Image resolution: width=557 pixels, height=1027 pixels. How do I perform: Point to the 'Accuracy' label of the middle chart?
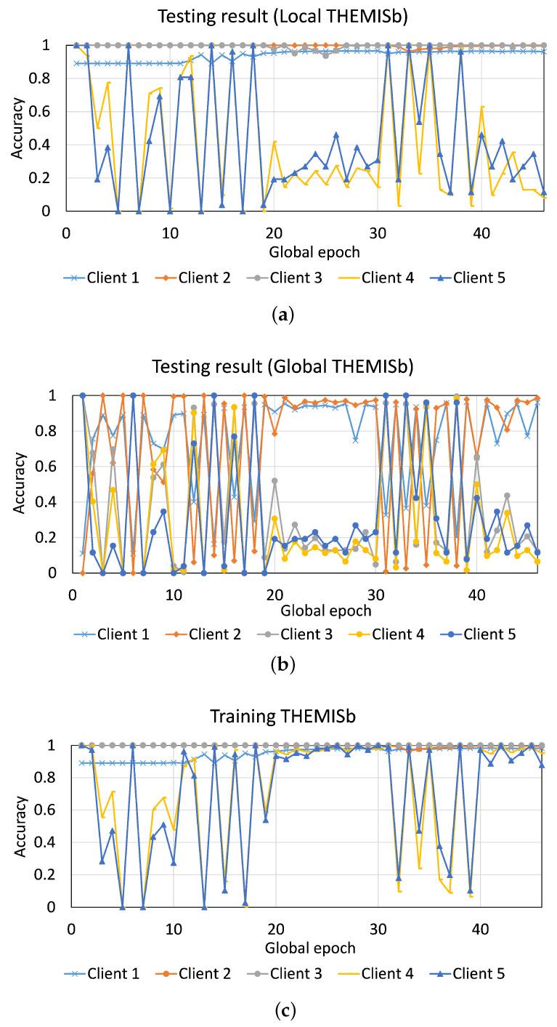point(22,483)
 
